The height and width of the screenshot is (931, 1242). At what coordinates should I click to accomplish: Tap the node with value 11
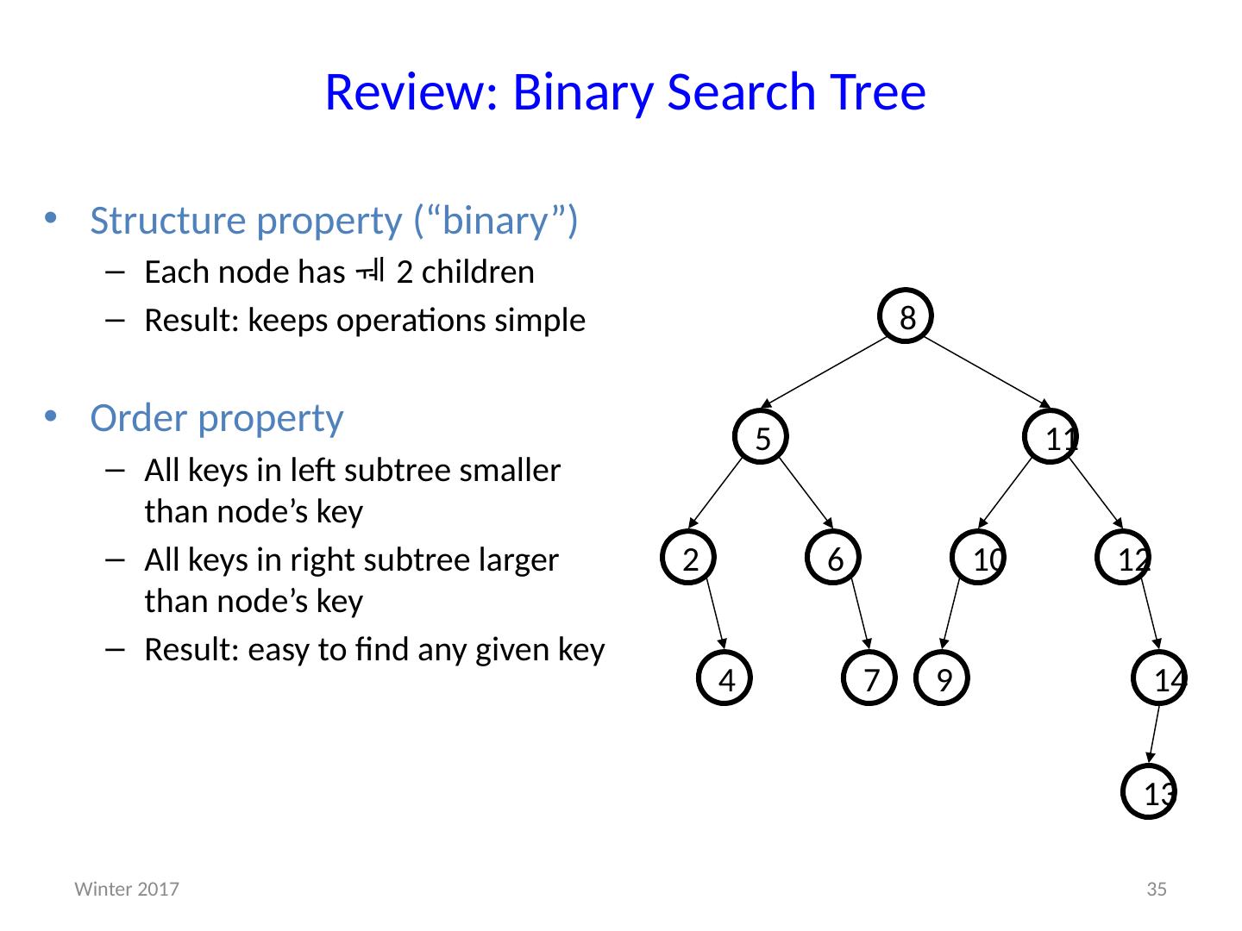click(x=1051, y=436)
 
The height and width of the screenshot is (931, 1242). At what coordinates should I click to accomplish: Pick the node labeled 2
click(x=689, y=558)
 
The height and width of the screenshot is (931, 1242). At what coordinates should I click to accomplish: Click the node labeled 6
click(x=833, y=558)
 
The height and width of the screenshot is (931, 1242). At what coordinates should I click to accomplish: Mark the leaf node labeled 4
click(x=725, y=679)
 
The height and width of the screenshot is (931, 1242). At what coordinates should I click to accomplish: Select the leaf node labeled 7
click(x=869, y=679)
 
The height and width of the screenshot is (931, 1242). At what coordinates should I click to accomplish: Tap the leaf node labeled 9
click(x=943, y=679)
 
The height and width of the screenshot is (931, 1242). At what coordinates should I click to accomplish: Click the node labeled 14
click(x=1158, y=679)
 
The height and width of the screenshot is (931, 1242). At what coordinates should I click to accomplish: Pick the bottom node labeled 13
click(x=1150, y=791)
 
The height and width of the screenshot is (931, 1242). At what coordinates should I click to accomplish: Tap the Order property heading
click(x=216, y=418)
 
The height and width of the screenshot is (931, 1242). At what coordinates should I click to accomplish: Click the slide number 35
click(x=1157, y=889)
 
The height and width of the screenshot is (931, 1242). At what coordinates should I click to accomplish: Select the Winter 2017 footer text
click(x=127, y=889)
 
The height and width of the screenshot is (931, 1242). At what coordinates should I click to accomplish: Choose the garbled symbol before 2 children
click(x=370, y=272)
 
